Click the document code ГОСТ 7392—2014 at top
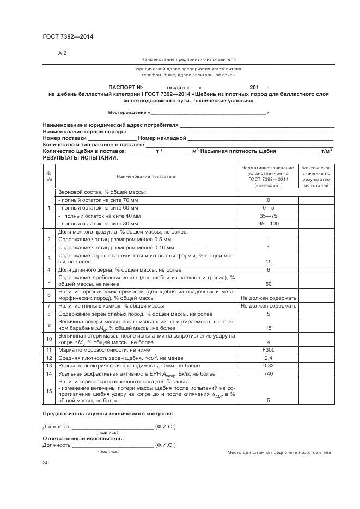[68, 36]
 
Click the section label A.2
[62, 53]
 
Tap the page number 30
[46, 462]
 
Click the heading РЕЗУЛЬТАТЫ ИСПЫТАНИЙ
[80, 157]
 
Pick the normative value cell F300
[268, 349]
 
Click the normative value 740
[268, 374]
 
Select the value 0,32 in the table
[268, 366]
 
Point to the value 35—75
[268, 216]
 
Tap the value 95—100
[268, 223]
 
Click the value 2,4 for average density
[268, 358]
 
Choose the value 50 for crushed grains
[268, 284]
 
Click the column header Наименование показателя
[147, 176]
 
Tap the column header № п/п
[48, 176]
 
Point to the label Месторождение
[127, 112]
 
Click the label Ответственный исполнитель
[83, 438]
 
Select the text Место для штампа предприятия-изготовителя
[279, 452]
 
